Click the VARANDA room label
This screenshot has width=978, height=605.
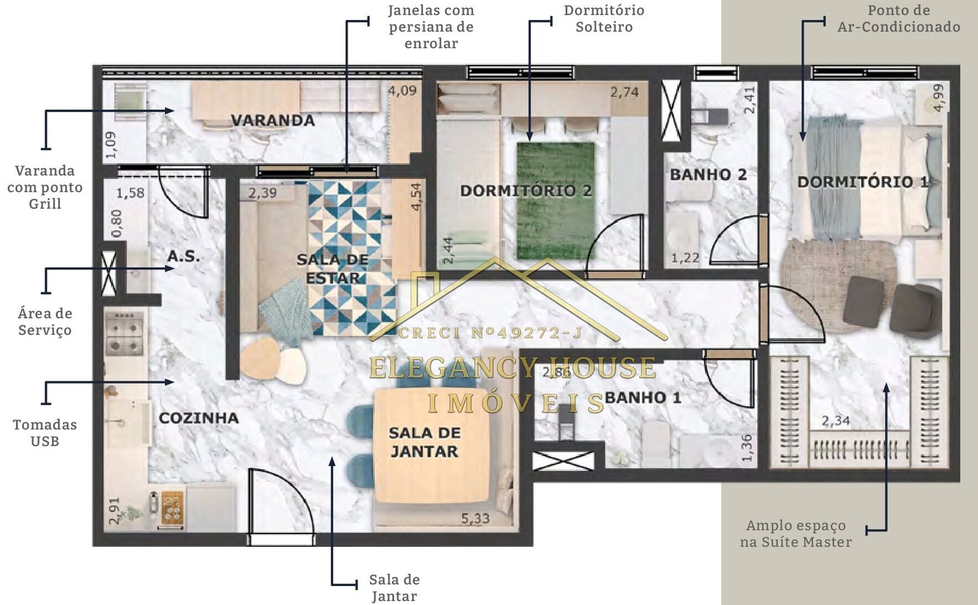[273, 120]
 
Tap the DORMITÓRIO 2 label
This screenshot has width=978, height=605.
[526, 191]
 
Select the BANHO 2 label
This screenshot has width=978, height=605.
[708, 175]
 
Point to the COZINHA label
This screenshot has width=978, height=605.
[199, 418]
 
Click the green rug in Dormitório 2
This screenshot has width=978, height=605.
[556, 201]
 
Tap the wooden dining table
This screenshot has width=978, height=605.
[432, 446]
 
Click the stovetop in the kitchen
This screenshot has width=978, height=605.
[125, 333]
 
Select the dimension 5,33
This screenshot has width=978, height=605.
[476, 519]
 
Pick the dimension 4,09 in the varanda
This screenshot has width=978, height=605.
[402, 91]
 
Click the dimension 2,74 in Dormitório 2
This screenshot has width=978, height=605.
[624, 92]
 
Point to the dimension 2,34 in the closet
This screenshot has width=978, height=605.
[836, 421]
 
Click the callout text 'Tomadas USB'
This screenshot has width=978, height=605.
[45, 433]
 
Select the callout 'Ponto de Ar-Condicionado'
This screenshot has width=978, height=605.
[899, 18]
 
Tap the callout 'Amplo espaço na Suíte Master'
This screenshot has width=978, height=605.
[795, 534]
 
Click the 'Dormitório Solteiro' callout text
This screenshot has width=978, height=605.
[604, 18]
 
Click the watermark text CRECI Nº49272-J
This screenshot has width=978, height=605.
[490, 334]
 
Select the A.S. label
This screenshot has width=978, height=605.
[183, 256]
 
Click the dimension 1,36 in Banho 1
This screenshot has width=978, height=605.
[747, 448]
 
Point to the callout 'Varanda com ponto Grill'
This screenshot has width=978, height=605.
[45, 187]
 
